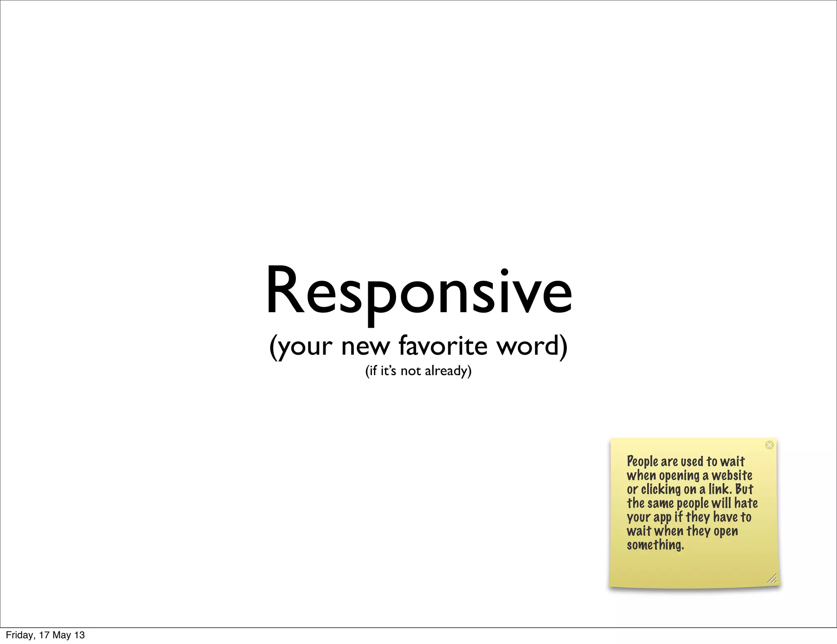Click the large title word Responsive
tap(418, 291)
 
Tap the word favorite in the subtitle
tap(443, 345)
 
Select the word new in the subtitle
tap(365, 347)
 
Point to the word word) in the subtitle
tap(532, 346)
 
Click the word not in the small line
tap(410, 371)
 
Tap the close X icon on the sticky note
tap(769, 445)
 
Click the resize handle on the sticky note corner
tap(772, 578)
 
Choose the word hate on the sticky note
tap(746, 503)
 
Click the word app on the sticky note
tap(662, 518)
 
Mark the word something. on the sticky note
tap(655, 545)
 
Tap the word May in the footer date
tap(62, 635)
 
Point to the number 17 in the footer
tap(44, 635)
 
